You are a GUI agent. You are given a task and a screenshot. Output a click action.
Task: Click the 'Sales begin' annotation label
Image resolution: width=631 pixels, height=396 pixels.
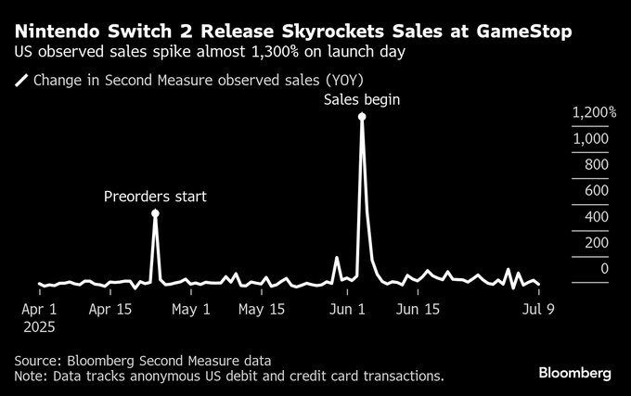361,99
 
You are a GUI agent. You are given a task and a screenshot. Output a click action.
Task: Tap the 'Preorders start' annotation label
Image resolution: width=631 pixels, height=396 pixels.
155,196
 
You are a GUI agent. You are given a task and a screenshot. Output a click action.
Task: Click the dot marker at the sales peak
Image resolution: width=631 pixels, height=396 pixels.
362,117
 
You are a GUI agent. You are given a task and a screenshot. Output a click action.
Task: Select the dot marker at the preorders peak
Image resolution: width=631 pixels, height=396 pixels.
155,213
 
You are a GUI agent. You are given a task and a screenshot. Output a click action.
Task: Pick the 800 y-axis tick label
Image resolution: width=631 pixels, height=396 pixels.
596,164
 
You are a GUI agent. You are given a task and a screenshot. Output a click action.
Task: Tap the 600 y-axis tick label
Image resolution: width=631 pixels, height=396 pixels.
596,190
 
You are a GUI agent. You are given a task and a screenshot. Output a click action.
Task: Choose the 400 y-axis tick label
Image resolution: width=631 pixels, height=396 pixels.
596,217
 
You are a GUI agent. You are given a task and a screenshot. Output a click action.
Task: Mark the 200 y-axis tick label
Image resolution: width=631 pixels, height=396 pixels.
596,243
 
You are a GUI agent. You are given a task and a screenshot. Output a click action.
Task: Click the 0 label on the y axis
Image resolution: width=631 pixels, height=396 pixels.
604,269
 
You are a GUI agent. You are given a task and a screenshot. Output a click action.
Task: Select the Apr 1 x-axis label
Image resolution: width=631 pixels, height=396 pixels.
39,309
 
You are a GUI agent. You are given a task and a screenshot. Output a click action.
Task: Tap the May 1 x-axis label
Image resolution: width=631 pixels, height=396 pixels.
192,309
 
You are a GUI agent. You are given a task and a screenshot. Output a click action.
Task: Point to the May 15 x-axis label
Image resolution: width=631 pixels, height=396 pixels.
261,309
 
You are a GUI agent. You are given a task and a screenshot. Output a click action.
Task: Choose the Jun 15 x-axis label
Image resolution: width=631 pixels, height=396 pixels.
418,309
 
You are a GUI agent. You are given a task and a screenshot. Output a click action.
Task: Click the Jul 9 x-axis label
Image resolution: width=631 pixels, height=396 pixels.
537,309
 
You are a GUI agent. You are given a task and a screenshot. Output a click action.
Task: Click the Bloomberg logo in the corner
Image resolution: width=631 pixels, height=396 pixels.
575,373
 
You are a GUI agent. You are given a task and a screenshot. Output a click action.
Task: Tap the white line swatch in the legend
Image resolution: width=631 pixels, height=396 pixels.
21,80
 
